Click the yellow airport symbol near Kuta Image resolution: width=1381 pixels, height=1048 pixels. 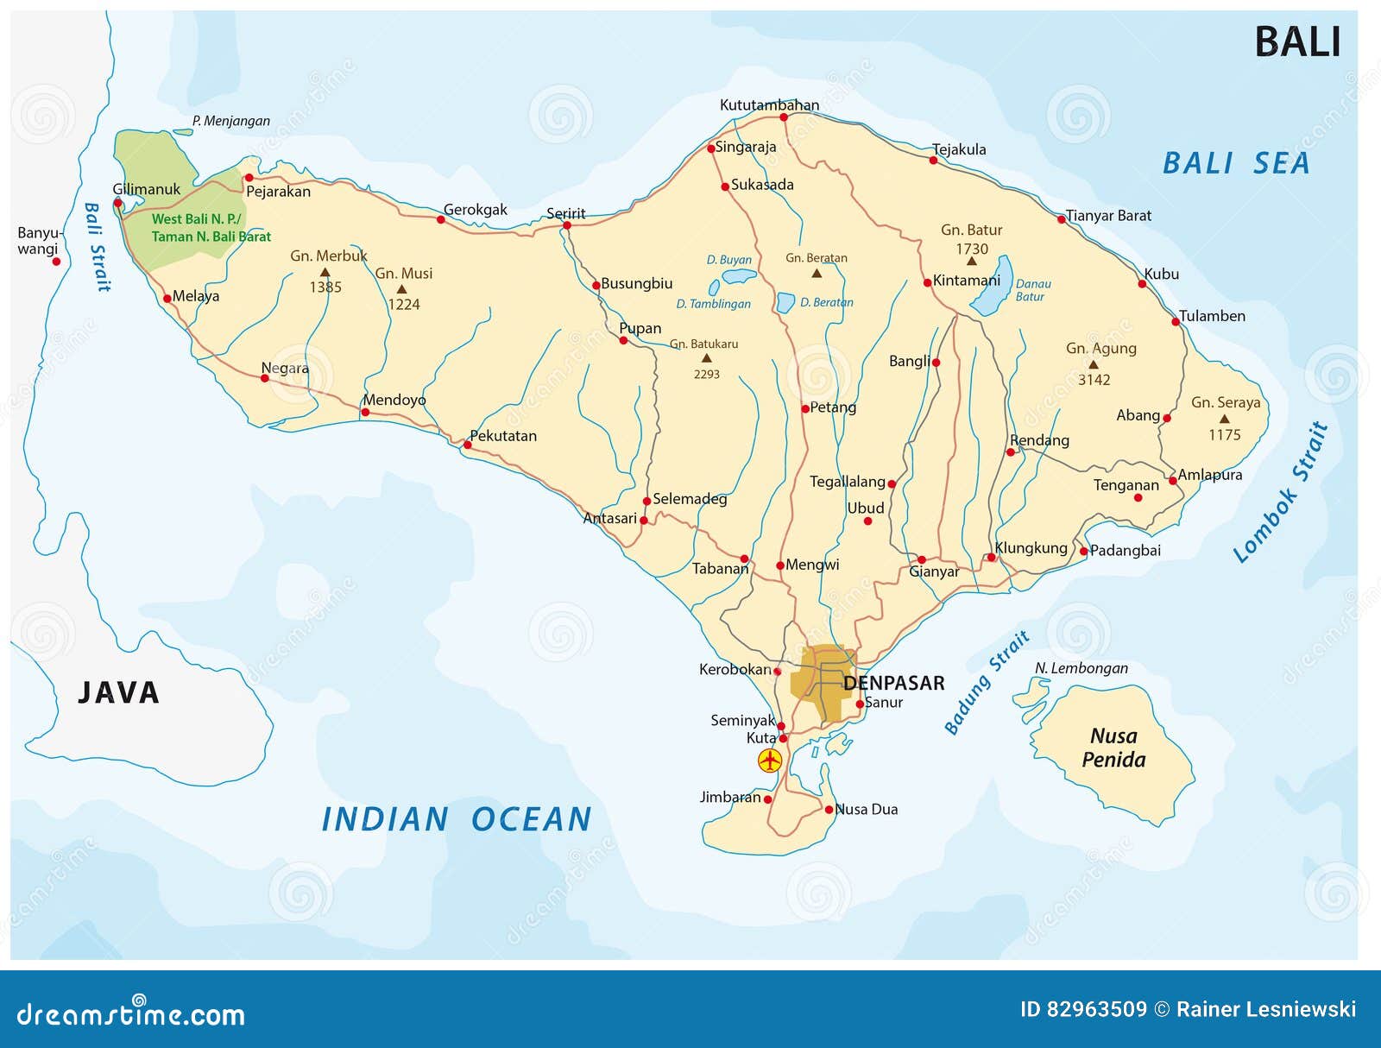(x=769, y=761)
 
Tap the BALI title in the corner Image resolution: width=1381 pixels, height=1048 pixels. (x=1296, y=42)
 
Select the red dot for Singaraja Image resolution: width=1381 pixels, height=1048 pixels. (x=711, y=148)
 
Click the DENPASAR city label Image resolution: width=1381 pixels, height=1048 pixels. (x=893, y=683)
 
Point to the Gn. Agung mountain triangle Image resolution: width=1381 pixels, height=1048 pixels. (x=1093, y=364)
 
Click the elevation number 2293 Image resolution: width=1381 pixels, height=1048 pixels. (x=706, y=375)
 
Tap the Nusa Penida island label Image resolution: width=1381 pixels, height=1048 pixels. (x=1113, y=748)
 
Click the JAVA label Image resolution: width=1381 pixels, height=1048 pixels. (x=118, y=692)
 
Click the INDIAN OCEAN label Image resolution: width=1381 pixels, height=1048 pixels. (x=456, y=819)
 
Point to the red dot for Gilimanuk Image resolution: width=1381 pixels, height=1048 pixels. (x=118, y=204)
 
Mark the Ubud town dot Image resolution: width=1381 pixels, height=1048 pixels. (x=867, y=521)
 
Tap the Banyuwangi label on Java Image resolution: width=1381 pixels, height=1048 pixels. (x=38, y=241)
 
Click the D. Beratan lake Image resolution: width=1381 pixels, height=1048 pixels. (x=785, y=303)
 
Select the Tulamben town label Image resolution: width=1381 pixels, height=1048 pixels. (x=1212, y=316)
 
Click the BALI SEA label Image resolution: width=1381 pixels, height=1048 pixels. (x=1235, y=163)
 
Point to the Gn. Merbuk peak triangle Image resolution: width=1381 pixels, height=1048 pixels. (x=325, y=272)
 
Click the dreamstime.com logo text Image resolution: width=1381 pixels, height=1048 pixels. (x=130, y=1014)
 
